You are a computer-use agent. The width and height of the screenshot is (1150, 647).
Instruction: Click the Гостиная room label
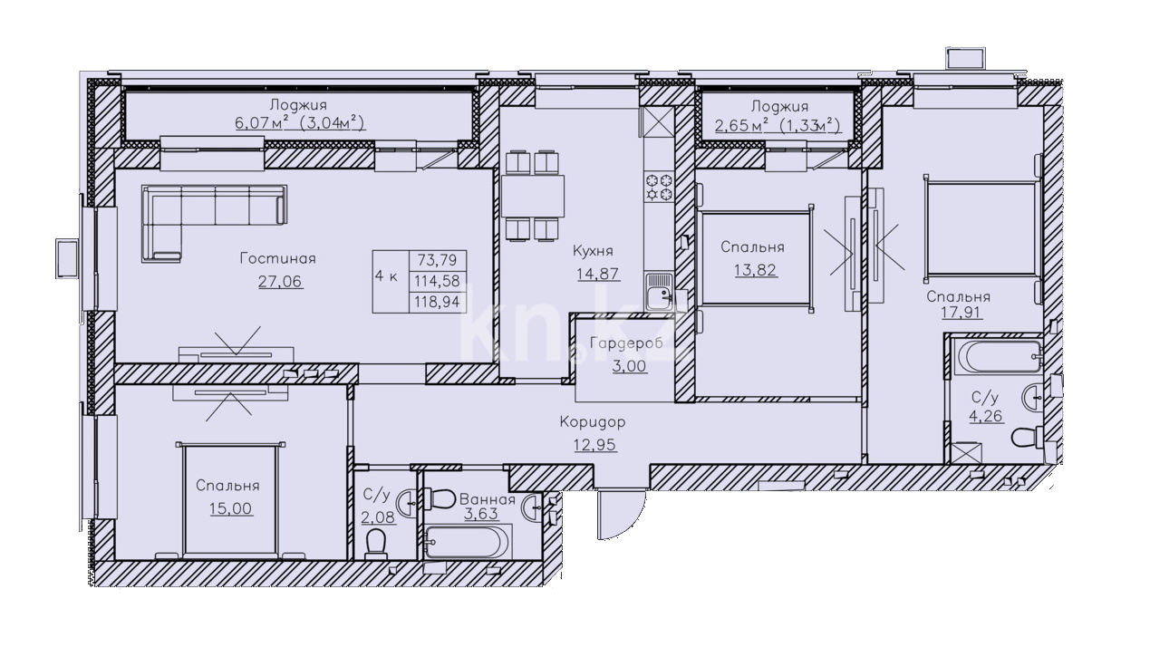pos(277,258)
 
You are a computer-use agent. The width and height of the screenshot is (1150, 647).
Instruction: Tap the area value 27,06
pos(280,282)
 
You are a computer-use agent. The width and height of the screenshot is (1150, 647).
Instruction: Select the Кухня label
pos(593,251)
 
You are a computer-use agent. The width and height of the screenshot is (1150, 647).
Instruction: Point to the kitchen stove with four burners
pos(659,187)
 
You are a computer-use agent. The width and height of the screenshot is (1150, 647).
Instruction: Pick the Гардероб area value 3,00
pos(630,365)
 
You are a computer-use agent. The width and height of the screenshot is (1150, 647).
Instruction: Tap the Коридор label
pos(593,422)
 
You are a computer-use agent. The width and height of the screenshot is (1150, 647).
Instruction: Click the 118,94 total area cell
pos(438,302)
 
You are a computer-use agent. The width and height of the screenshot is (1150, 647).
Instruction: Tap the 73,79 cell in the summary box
pos(437,260)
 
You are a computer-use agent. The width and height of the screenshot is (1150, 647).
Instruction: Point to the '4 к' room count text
pos(386,276)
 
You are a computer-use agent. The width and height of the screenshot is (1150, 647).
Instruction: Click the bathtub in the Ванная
pos(469,541)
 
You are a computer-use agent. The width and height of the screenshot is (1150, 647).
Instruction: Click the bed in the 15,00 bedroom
pos(230,498)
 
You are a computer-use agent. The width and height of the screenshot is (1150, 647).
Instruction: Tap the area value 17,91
pos(962,313)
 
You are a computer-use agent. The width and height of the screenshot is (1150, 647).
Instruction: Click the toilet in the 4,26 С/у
pos(1028,437)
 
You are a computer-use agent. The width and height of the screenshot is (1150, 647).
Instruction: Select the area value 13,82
pos(756,270)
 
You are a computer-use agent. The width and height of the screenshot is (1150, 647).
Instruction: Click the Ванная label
pos(488,499)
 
